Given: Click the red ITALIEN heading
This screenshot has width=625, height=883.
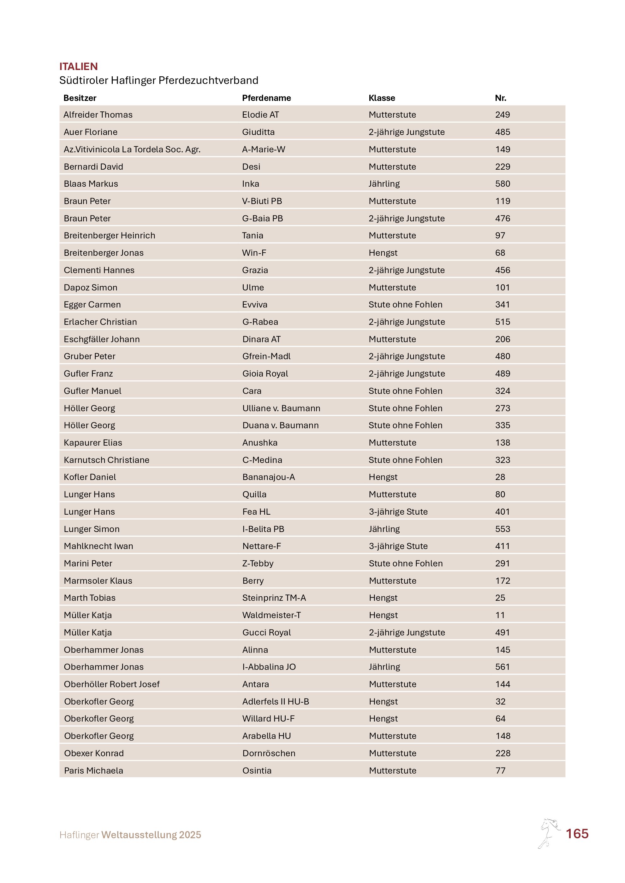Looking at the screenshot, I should click(x=79, y=67).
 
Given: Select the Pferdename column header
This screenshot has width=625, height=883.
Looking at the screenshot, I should click(x=266, y=98).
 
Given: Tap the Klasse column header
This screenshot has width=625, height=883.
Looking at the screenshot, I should click(x=382, y=98).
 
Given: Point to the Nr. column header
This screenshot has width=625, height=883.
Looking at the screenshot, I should click(x=500, y=98).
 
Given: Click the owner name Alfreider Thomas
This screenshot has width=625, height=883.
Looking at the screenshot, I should click(x=98, y=114).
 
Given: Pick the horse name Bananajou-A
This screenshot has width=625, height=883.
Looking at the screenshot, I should click(x=269, y=477).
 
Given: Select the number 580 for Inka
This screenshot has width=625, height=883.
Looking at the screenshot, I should click(x=503, y=184).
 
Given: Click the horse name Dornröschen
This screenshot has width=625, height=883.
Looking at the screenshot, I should click(x=269, y=753).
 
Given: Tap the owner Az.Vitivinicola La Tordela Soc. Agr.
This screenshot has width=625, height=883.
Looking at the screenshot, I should click(x=132, y=149).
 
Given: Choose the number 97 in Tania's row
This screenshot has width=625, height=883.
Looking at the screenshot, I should click(x=500, y=235).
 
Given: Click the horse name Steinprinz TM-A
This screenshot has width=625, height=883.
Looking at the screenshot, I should click(x=274, y=598).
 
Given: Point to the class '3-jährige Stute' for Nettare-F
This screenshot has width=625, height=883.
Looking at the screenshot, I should click(x=398, y=546).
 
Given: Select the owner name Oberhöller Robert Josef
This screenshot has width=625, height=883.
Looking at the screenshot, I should click(x=112, y=684).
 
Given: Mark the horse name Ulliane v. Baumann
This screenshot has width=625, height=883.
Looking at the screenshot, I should click(x=281, y=408).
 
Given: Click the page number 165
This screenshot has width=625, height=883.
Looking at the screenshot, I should click(x=577, y=834).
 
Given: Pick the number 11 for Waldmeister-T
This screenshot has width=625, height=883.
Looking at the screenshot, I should click(x=500, y=615).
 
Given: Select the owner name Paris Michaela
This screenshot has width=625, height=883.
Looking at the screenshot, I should click(x=93, y=770).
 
